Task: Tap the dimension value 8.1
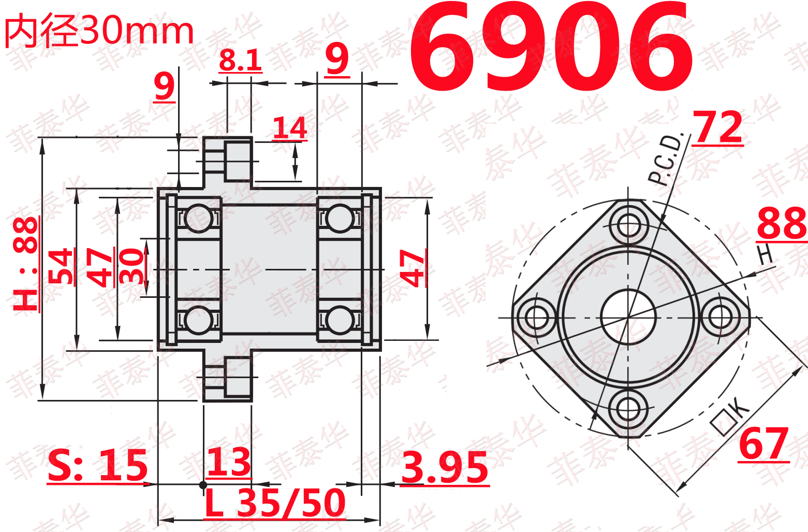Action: point(240,60)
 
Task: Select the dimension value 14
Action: point(290,128)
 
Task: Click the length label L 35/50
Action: point(275,502)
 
